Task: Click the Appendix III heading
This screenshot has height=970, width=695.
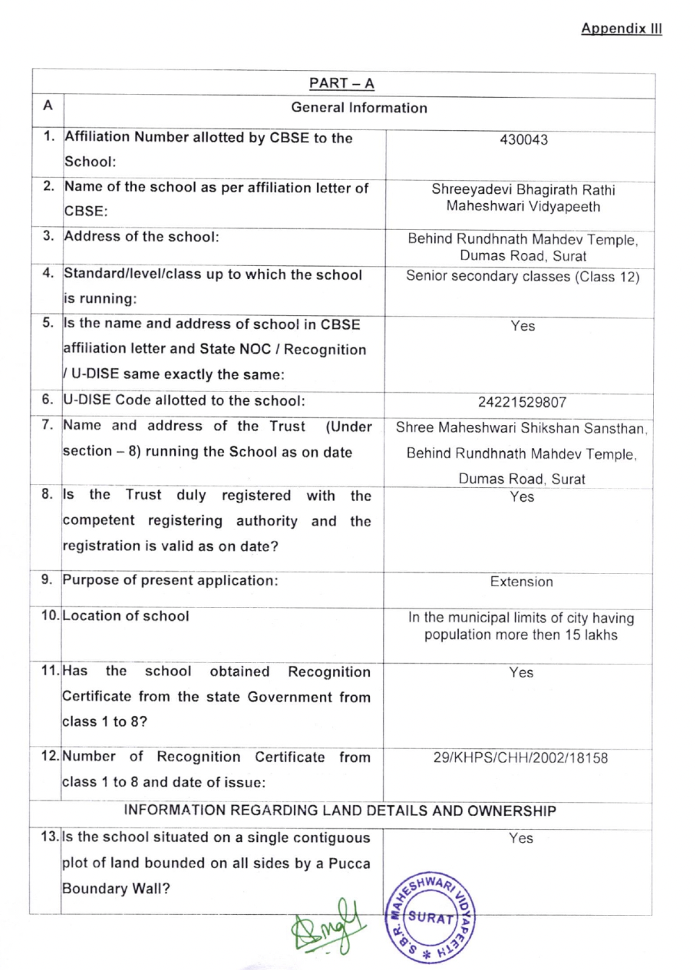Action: coord(621,29)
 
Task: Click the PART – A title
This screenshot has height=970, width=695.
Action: coord(342,83)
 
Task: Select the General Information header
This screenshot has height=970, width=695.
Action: coord(359,108)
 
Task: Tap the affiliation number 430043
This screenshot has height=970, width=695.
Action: coord(524,140)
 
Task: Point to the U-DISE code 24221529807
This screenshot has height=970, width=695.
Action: coord(522,402)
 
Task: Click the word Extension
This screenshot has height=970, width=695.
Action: coord(521,582)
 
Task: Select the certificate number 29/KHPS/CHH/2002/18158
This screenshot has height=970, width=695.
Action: coord(520,757)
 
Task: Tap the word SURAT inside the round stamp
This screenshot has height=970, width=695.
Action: coord(431,917)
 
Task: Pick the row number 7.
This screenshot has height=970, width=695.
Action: coord(48,425)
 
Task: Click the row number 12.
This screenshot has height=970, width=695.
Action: coord(50,756)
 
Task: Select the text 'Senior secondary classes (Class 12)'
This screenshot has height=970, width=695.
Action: coord(522,276)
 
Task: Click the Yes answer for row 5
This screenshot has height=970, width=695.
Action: coord(522,326)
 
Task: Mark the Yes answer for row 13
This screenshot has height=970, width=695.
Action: coord(521,838)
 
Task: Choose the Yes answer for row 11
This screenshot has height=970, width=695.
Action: coord(521,672)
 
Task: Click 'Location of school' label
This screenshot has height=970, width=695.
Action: coord(126,616)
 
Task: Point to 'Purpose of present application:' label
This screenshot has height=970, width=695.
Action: coord(170,580)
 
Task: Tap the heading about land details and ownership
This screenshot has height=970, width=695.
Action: coord(340,810)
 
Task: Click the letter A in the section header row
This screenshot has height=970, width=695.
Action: coord(48,106)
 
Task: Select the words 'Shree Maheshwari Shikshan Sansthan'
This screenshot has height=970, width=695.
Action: coord(520,428)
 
